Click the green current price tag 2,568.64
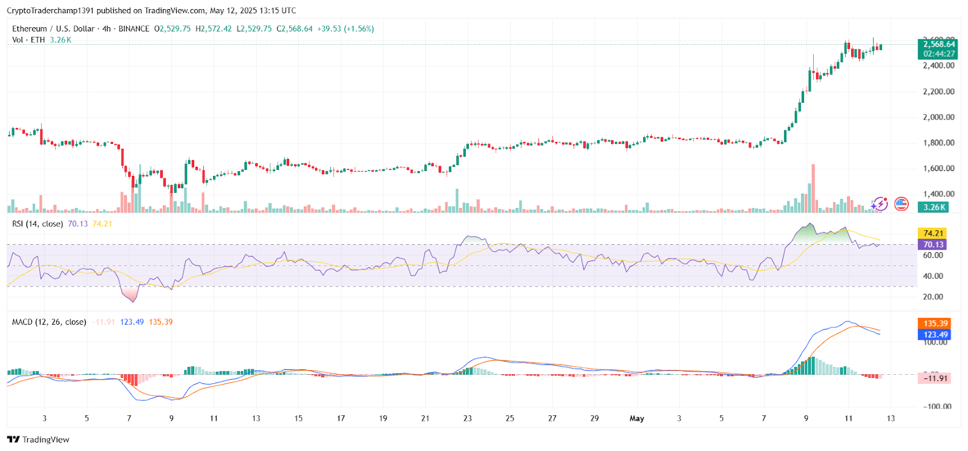tap(937, 44)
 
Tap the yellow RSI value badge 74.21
tap(932, 233)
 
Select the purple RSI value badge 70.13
tap(932, 245)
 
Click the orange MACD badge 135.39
tap(934, 323)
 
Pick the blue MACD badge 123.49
tap(934, 334)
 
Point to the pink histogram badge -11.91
tap(934, 378)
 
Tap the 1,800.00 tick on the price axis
tap(938, 143)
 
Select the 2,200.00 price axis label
tap(938, 92)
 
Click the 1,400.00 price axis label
tap(938, 194)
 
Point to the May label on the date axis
tap(637, 418)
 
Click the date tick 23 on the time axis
tap(468, 418)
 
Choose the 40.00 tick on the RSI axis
tap(933, 276)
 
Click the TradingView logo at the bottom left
tap(39, 440)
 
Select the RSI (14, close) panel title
tap(37, 224)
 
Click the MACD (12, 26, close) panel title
tap(49, 322)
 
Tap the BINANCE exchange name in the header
tap(134, 28)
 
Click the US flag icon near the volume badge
tap(901, 204)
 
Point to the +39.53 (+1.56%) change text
tap(345, 28)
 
